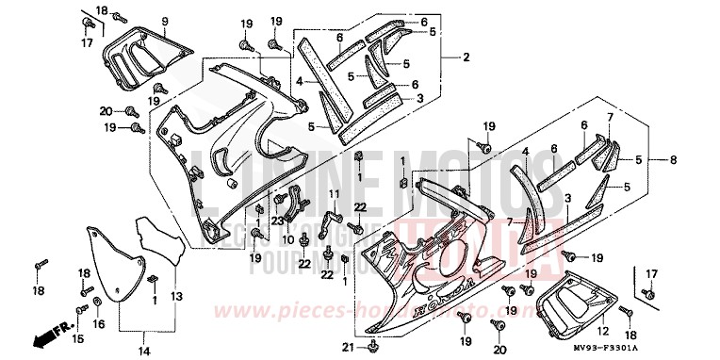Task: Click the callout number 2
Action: (466, 58)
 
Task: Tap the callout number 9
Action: (164, 20)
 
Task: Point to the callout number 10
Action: (288, 239)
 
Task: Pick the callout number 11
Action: (333, 194)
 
